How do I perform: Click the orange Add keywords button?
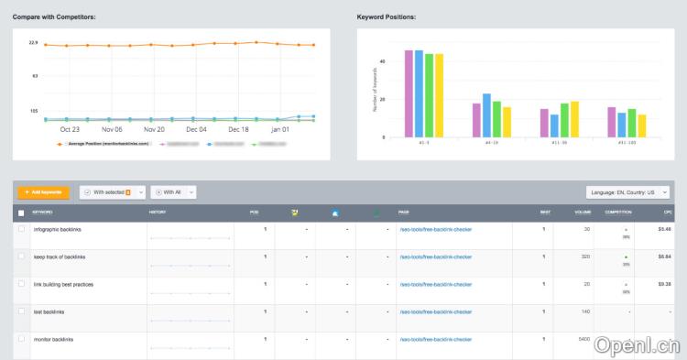coord(43,192)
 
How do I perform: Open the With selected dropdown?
coord(113,192)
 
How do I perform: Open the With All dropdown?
coord(173,192)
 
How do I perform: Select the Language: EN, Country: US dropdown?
coord(627,192)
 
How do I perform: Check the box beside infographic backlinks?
coord(22,229)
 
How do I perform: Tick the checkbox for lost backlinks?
coord(22,312)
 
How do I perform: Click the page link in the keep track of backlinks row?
coord(435,256)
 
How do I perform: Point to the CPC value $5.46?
coord(664,229)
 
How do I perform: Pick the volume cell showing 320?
coord(559,256)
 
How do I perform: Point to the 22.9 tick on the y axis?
coord(33,43)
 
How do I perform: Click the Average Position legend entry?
coord(105,144)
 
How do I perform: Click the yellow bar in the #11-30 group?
coord(574,119)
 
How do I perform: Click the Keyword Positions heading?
coord(387,17)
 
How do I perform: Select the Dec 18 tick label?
coord(238,130)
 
